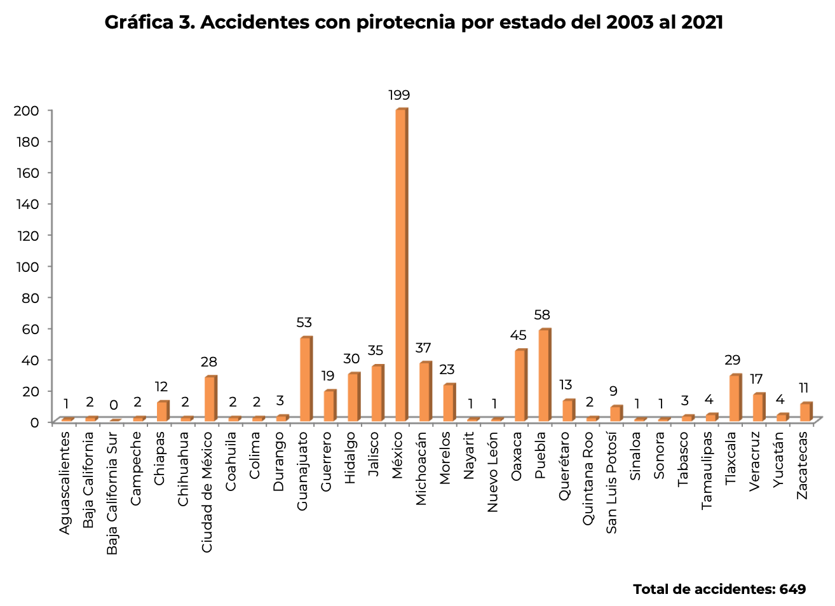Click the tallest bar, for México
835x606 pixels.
[401, 265]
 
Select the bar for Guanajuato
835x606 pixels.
[306, 379]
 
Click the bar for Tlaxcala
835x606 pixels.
[735, 398]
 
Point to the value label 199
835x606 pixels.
[400, 96]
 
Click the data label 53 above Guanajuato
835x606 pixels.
[304, 323]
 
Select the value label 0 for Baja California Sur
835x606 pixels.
[114, 405]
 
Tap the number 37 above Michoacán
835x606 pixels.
[423, 348]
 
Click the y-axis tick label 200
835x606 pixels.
[26, 111]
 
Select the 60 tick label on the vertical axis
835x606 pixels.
[29, 328]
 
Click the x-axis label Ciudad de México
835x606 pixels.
[207, 492]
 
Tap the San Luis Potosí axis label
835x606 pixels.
[612, 483]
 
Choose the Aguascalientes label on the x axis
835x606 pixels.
[65, 483]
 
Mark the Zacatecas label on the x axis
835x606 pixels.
[803, 465]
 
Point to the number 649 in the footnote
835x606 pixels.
[792, 589]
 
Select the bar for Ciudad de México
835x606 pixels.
[210, 398]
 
